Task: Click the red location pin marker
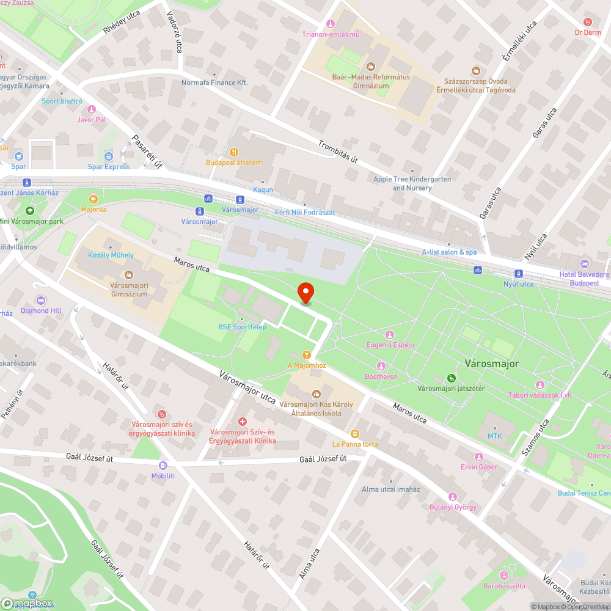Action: tap(305, 293)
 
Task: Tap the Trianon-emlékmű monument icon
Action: tap(331, 24)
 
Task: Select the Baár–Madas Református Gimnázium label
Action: tap(370, 82)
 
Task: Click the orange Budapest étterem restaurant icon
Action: tap(233, 152)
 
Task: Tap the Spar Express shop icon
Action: tap(109, 156)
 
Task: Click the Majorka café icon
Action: tap(93, 199)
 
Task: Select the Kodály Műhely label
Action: tap(111, 255)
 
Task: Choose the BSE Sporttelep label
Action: tap(242, 327)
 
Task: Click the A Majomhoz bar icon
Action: tap(307, 354)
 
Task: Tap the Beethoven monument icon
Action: tap(381, 366)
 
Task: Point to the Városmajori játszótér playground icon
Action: tap(451, 378)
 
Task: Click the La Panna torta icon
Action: tap(355, 433)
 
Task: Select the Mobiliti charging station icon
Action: tap(163, 466)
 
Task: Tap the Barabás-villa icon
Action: tap(504, 575)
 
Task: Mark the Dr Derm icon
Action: tap(588, 21)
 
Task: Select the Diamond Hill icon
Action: tap(41, 300)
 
